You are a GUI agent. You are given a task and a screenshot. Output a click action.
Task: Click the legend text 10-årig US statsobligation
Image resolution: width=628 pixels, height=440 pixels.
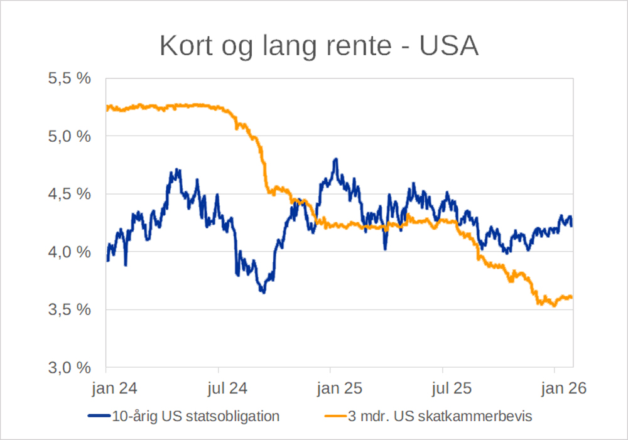pyautogui.click(x=195, y=416)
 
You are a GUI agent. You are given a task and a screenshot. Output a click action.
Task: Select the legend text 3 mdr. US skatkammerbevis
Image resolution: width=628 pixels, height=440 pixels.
pyautogui.click(x=440, y=416)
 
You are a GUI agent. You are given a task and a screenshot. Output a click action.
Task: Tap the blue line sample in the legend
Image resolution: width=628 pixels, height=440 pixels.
pyautogui.click(x=99, y=416)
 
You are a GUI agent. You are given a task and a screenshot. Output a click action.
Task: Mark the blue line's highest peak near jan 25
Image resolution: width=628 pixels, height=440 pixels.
pyautogui.click(x=336, y=159)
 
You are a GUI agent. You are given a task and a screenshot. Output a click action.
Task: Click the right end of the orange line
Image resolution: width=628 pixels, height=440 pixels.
pyautogui.click(x=572, y=298)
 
